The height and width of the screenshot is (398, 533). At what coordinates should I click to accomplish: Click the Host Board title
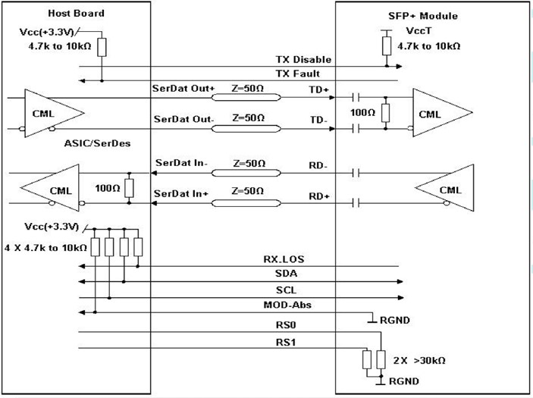tap(76, 13)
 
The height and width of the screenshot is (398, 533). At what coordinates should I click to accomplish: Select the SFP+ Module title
tap(423, 16)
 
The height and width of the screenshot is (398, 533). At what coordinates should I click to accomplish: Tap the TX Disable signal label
tap(303, 59)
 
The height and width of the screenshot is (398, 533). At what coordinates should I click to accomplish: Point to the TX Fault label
tap(297, 74)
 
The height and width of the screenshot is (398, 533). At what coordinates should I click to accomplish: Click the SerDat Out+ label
tap(183, 89)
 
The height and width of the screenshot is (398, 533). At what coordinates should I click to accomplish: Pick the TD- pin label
tap(318, 120)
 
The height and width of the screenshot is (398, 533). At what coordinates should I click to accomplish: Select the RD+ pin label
tap(319, 196)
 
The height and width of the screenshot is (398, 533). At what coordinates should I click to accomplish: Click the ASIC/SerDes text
tap(97, 143)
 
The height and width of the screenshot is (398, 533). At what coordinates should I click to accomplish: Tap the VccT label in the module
tap(419, 31)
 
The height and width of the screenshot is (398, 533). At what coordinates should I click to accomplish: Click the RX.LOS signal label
tap(284, 259)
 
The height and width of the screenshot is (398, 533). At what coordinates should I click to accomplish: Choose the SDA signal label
tap(286, 274)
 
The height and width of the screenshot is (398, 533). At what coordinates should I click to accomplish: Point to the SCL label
tap(286, 290)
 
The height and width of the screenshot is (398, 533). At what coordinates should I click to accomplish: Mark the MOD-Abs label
tap(287, 305)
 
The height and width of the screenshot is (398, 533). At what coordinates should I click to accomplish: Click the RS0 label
tap(286, 325)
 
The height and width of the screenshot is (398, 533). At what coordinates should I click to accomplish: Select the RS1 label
tap(286, 342)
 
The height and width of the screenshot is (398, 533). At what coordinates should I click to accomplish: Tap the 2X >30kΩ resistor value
tap(419, 360)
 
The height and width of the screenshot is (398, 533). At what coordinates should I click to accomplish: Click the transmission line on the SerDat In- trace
tap(246, 173)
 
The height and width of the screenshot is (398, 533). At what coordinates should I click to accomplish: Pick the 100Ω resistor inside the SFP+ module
tap(385, 113)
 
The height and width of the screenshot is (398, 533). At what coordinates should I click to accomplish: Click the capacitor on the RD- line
tap(356, 173)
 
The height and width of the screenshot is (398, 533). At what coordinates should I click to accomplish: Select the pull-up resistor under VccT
tap(387, 46)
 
